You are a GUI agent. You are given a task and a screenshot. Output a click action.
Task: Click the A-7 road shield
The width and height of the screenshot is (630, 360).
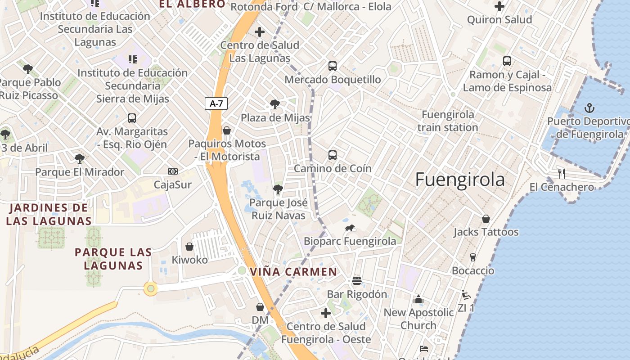(x=216, y=103)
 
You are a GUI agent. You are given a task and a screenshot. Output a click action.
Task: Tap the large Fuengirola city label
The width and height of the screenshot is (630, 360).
(x=459, y=180)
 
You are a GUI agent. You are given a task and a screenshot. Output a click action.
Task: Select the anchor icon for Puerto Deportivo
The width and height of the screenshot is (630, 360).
(x=589, y=108)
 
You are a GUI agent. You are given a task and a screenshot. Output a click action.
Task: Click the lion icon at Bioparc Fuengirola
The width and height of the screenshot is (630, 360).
(x=350, y=228)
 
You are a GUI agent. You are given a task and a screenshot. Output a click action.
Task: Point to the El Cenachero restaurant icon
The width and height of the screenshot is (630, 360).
(x=561, y=174)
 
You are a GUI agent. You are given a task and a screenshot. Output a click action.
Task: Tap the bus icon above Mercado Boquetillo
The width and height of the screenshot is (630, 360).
(x=333, y=66)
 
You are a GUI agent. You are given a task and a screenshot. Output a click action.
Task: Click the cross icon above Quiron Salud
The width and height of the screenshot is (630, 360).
(x=499, y=7)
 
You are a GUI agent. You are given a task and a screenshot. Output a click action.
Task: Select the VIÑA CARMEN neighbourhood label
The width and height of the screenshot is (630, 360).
(x=293, y=272)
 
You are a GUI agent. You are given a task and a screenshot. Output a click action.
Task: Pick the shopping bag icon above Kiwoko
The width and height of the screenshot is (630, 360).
(x=189, y=247)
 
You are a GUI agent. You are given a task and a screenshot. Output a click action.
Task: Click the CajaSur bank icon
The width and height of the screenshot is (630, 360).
(x=173, y=171)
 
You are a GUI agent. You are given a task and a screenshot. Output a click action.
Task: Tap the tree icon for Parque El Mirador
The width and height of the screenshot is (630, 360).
(x=80, y=158)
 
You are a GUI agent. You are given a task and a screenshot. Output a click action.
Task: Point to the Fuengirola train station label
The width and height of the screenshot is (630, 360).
(x=447, y=121)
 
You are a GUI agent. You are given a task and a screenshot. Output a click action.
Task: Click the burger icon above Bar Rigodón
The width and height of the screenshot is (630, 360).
(x=357, y=281)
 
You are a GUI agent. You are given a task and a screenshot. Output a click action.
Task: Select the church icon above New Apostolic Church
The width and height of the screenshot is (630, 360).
(x=418, y=299)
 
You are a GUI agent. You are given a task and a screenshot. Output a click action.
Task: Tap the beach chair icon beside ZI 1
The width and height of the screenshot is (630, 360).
(x=466, y=295)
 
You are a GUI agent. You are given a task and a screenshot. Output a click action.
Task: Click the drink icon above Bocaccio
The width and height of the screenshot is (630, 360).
(x=473, y=257)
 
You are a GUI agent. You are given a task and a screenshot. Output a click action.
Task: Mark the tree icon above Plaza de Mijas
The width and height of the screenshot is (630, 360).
(x=274, y=104)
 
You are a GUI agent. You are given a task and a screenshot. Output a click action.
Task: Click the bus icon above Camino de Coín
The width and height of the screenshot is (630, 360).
(x=333, y=155)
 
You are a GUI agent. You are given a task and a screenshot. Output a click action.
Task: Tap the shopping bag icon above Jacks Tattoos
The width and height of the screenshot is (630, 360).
(x=486, y=219)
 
